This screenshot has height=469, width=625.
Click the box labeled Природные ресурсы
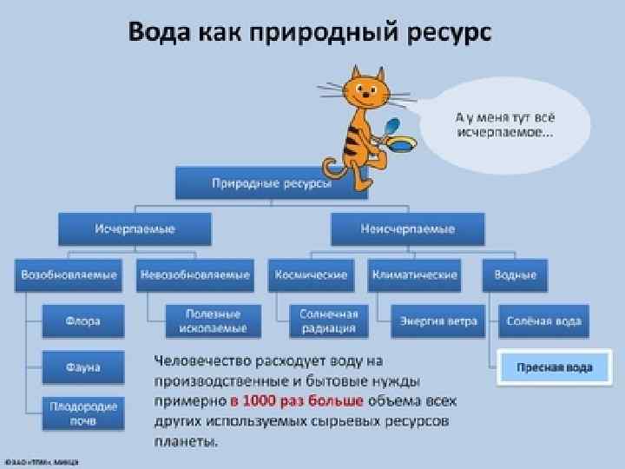click(271, 183)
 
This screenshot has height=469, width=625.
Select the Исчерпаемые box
click(135, 229)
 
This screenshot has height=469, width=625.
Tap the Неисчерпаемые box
click(407, 229)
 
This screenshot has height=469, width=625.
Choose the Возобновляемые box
click(69, 275)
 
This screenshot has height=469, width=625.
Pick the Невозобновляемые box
click(194, 275)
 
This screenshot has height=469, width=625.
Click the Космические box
click(311, 275)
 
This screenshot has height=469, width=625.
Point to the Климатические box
click(414, 275)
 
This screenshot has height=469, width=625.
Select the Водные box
click(516, 275)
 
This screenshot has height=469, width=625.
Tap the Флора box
click(82, 321)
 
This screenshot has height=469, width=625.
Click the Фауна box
click(82, 367)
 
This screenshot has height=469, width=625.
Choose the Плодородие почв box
click(82, 413)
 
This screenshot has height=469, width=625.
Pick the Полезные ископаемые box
click(213, 321)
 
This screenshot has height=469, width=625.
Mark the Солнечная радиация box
click(328, 321)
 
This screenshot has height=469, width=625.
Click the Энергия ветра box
click(438, 321)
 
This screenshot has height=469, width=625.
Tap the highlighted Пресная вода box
click(555, 367)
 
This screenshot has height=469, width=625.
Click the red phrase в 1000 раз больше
click(290, 401)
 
